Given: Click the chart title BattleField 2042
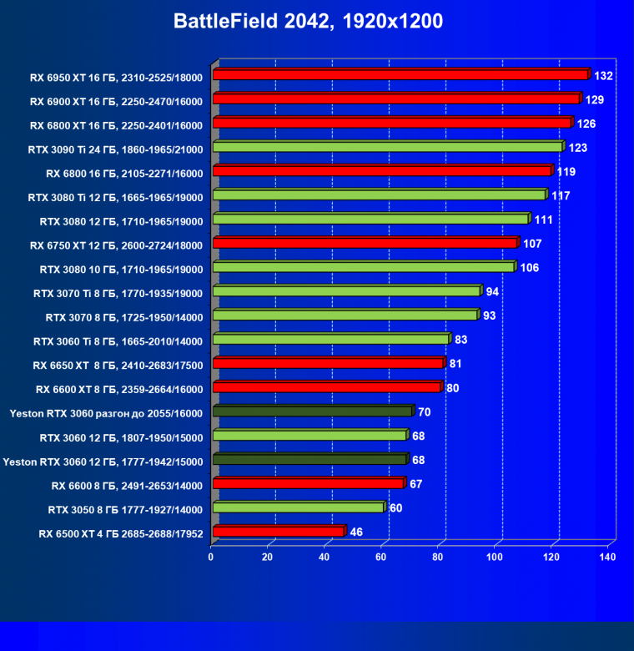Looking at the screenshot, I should pyautogui.click(x=308, y=22).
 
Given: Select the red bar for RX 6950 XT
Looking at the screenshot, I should pyautogui.click(x=400, y=75).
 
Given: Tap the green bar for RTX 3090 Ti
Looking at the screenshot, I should pyautogui.click(x=388, y=147).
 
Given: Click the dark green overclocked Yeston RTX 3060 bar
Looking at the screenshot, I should pyautogui.click(x=312, y=411).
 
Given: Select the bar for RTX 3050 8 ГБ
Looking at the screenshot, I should pyautogui.click(x=298, y=507).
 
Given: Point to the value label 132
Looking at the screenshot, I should pyautogui.click(x=604, y=76).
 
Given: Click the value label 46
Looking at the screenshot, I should pyautogui.click(x=356, y=532).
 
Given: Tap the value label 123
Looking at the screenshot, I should pyautogui.click(x=578, y=148).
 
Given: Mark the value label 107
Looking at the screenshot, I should pyautogui.click(x=533, y=244).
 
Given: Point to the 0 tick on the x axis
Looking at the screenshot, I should pyautogui.click(x=212, y=557).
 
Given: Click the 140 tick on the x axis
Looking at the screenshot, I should pyautogui.click(x=607, y=557).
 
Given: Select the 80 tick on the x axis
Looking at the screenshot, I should pyautogui.click(x=439, y=557).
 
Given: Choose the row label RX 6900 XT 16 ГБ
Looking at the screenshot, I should pyautogui.click(x=116, y=100).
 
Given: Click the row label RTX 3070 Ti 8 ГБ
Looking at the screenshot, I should pyautogui.click(x=118, y=292).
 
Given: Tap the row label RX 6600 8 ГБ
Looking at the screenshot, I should pyautogui.click(x=127, y=485).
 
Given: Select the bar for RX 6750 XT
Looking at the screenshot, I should pyautogui.click(x=365, y=243).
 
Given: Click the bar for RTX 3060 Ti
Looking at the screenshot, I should pyautogui.click(x=330, y=339).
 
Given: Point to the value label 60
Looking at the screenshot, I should pyautogui.click(x=396, y=508).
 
